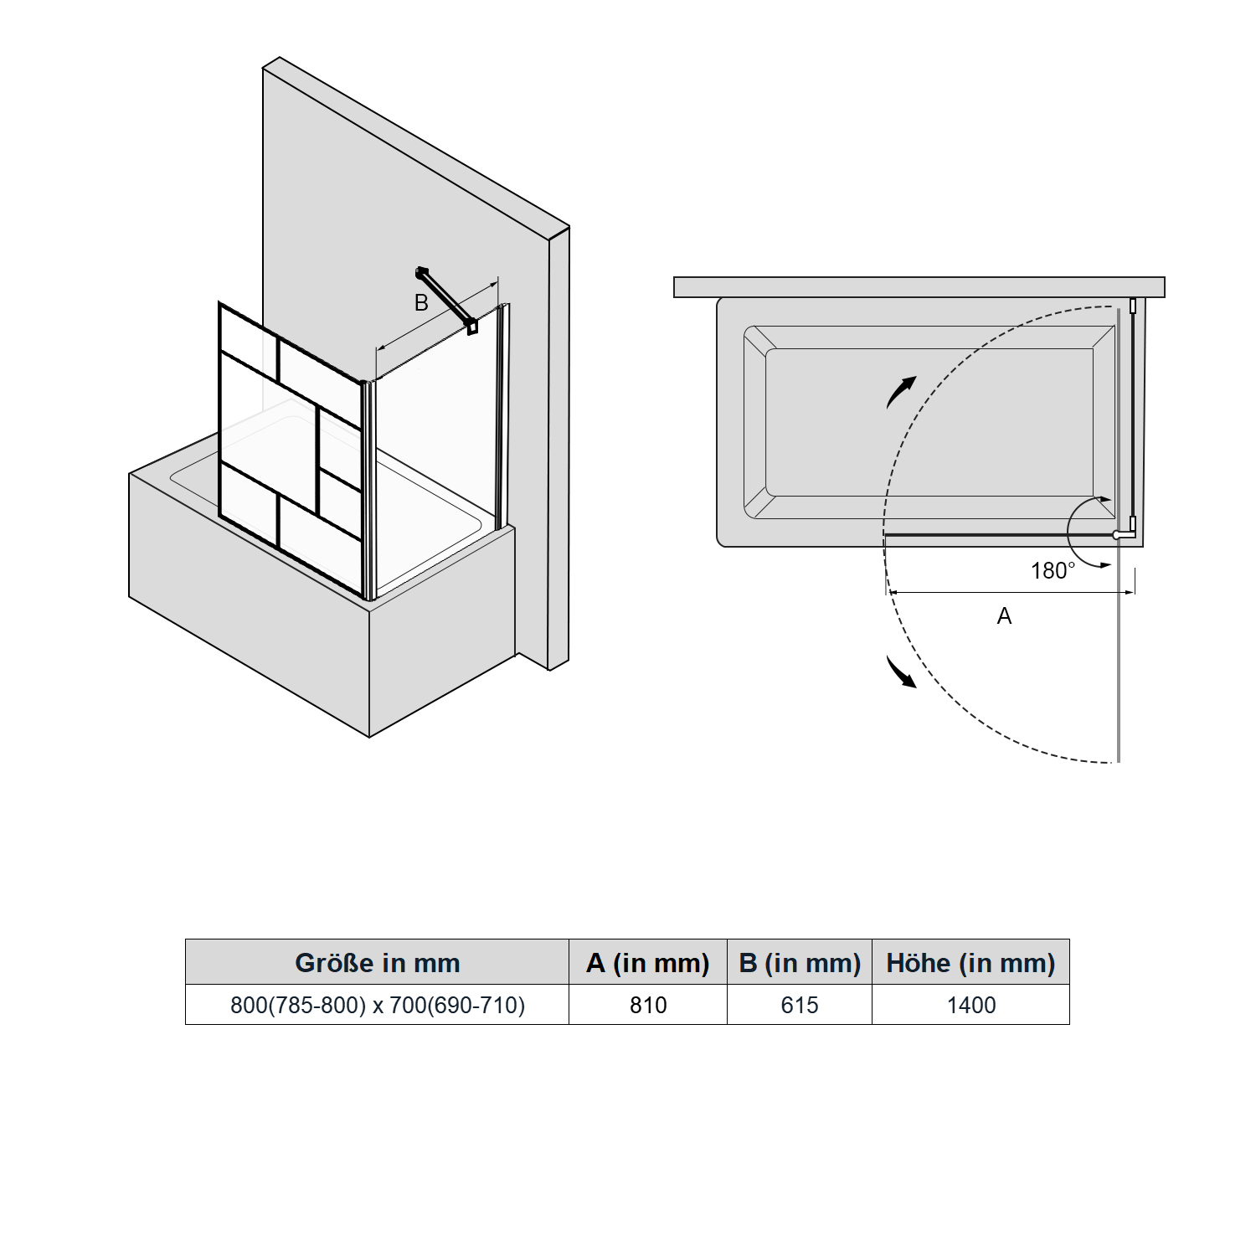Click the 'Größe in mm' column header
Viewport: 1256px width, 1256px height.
pyautogui.click(x=378, y=963)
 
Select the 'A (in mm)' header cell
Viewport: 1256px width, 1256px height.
pyautogui.click(x=648, y=963)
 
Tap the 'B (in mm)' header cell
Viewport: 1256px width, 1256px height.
pyautogui.click(x=800, y=963)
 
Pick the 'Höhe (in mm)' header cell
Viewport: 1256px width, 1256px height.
pyautogui.click(x=971, y=963)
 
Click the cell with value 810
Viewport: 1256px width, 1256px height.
pyautogui.click(x=648, y=1005)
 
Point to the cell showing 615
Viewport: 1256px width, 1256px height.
pyautogui.click(x=800, y=1005)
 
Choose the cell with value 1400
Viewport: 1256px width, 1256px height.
pyautogui.click(x=971, y=1005)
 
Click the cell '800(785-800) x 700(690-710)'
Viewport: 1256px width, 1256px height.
pyautogui.click(x=378, y=1005)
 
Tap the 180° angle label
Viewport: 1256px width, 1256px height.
pyautogui.click(x=1053, y=570)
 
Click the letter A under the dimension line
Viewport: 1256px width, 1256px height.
pyautogui.click(x=1005, y=616)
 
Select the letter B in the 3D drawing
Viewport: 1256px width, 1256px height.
pyautogui.click(x=421, y=302)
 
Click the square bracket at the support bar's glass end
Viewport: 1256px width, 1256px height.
pyautogui.click(x=472, y=327)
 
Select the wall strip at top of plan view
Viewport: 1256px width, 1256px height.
pyautogui.click(x=919, y=287)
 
